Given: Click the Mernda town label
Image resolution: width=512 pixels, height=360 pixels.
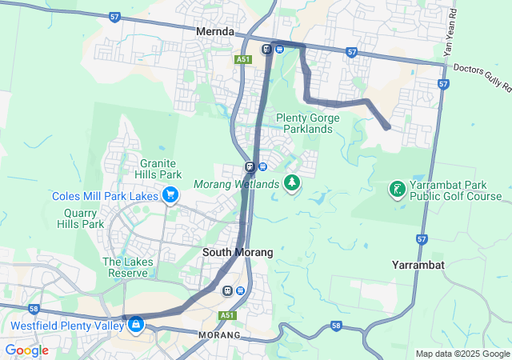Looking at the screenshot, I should point(215,32).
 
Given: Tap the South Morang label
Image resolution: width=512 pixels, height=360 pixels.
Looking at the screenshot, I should point(238,252).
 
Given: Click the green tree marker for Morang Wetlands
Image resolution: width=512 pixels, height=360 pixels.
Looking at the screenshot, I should point(292,184).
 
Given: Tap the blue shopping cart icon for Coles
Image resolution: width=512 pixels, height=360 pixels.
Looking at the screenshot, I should point(170,194).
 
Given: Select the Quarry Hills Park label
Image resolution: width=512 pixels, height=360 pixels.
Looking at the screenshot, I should point(81,218).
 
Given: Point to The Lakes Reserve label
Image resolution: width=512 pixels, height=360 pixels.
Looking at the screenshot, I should point(122,267).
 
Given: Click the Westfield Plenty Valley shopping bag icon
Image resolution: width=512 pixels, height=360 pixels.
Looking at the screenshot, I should point(136,324).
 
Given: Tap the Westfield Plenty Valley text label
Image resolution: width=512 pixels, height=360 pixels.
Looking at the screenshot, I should point(67,326).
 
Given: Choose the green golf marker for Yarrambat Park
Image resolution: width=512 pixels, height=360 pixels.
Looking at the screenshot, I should point(396,190).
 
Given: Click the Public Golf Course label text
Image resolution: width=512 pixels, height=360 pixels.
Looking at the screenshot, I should point(455,196).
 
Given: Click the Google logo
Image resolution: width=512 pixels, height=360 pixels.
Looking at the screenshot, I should point(26,350).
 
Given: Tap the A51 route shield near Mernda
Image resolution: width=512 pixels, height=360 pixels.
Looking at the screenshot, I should point(243,59).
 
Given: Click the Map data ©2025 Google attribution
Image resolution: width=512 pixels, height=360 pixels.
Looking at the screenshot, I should point(462,354).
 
